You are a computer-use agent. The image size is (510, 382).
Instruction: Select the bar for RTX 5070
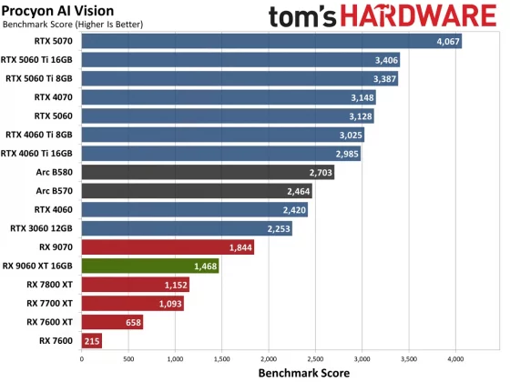tap(271, 41)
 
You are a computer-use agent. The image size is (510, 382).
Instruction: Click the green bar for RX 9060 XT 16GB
tap(150, 266)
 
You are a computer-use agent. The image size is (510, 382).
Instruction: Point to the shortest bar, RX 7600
tap(92, 341)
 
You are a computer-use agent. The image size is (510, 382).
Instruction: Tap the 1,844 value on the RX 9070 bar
tap(240, 247)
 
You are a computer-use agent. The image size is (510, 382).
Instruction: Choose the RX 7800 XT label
tap(51, 285)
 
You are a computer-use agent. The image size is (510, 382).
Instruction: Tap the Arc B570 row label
tap(56, 191)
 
